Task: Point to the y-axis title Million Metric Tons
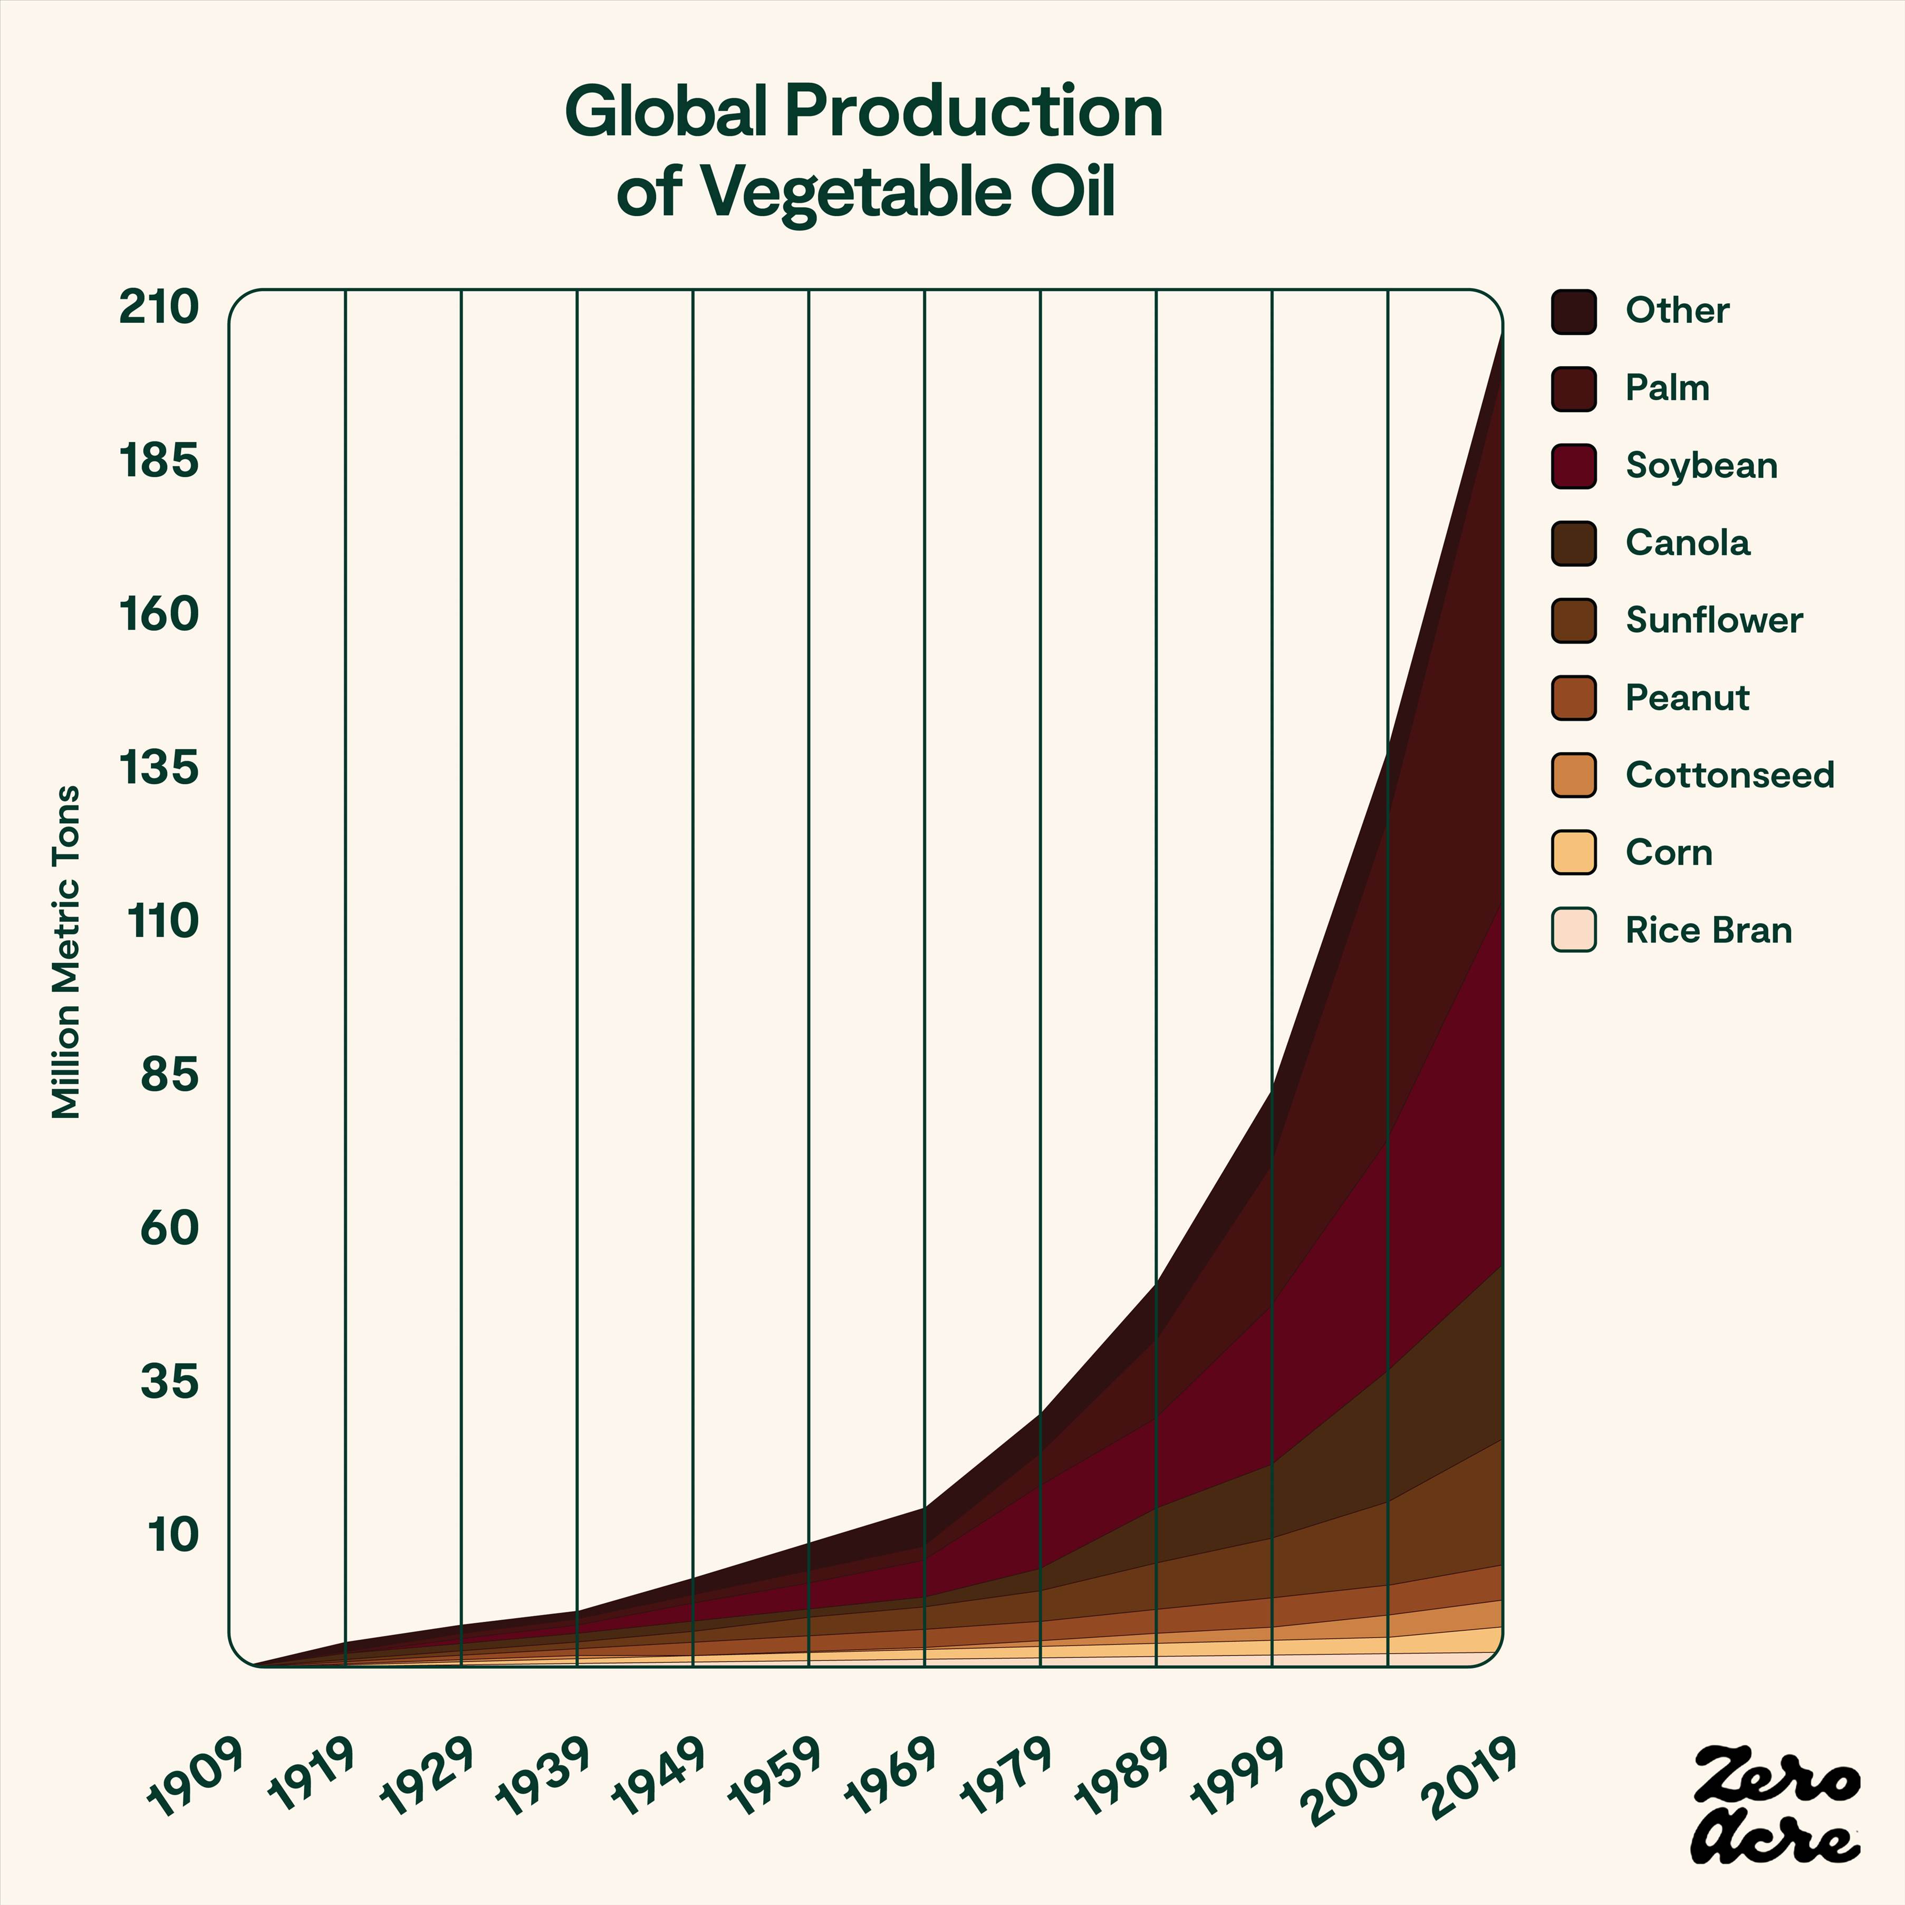tap(66, 951)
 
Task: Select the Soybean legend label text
tap(1701, 465)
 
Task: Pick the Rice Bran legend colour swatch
tap(1573, 930)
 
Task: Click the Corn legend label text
tap(1668, 852)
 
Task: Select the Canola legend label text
tap(1687, 542)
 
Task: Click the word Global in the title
tap(665, 111)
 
